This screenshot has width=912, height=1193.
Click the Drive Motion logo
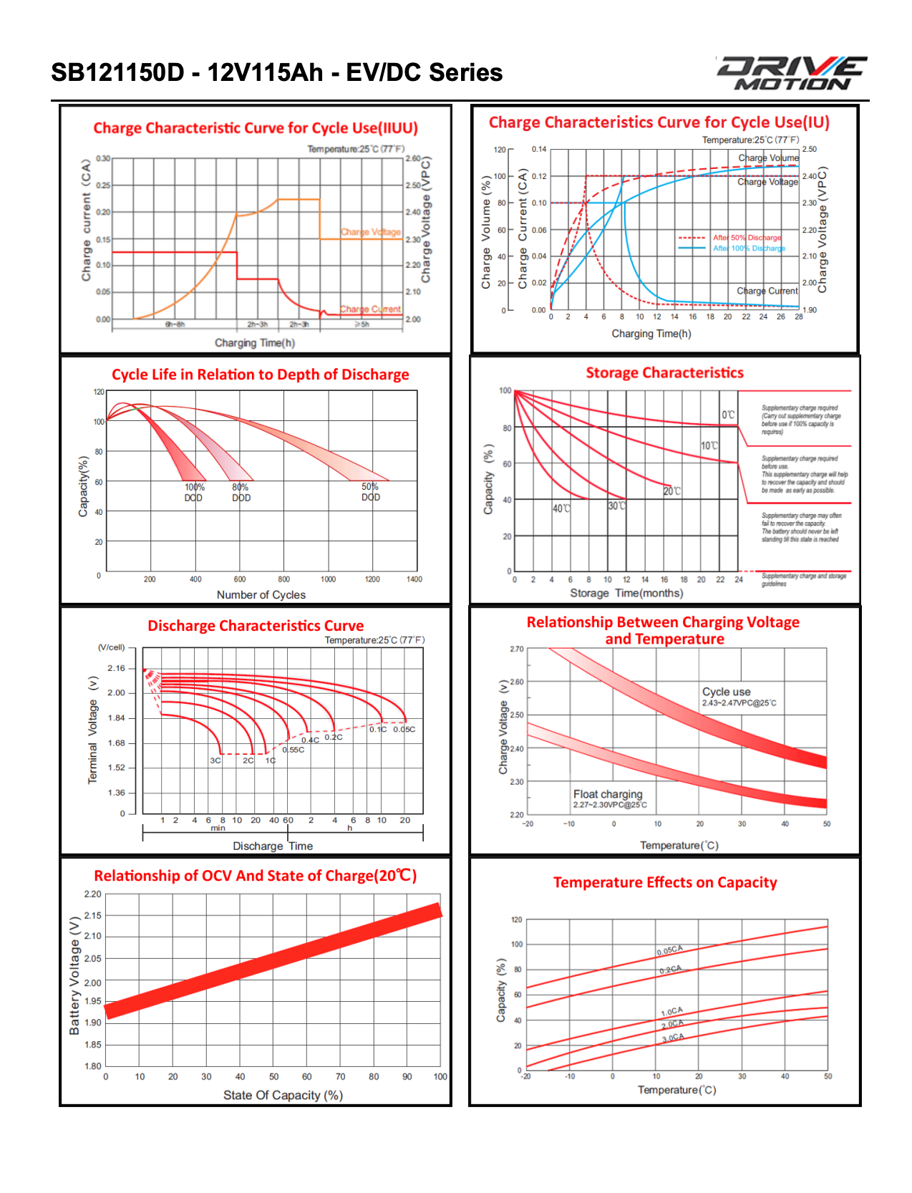coord(792,73)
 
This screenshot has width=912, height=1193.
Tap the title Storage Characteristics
coord(664,373)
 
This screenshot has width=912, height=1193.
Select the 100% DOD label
coord(194,493)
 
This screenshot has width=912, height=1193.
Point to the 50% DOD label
coord(371,492)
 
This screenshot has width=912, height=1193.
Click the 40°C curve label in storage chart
coord(561,508)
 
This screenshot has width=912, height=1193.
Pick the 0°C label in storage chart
coord(728,415)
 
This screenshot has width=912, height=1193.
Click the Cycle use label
coord(727,692)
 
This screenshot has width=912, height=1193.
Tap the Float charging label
coord(608,794)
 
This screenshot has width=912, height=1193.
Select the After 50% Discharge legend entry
coord(747,238)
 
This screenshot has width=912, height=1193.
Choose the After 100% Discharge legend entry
coord(749,248)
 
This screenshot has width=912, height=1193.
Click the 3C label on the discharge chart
coord(215,760)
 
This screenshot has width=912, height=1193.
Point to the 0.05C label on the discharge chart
coord(404,730)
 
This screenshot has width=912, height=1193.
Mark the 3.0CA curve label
coord(673,1038)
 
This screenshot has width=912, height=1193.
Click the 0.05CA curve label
coord(670,950)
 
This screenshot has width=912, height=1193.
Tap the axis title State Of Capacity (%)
coord(283,1095)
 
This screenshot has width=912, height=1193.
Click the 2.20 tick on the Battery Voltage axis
coord(93,894)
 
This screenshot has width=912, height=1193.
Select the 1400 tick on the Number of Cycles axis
coord(414,579)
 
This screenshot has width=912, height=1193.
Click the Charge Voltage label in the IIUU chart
coord(371,232)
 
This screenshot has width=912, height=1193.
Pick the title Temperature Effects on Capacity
coord(665,883)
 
